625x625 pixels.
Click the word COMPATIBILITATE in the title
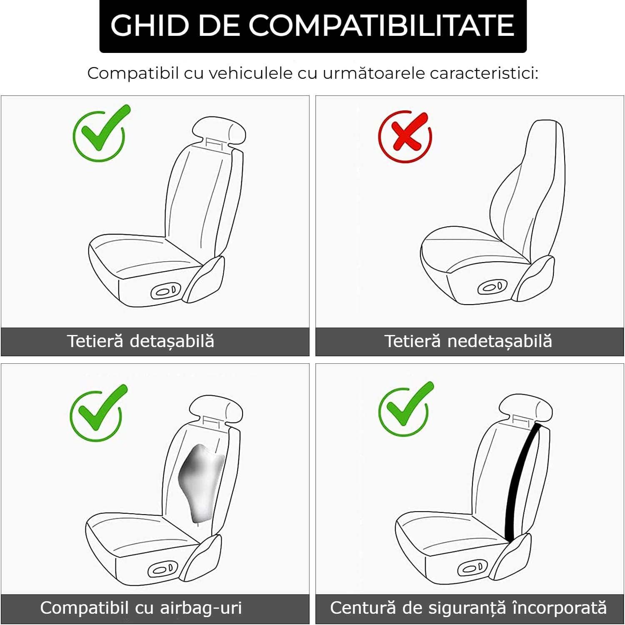[x=381, y=25]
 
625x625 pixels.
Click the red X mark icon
[x=405, y=136]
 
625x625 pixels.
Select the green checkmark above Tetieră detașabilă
[x=101, y=132]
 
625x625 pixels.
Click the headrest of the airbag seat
[x=216, y=409]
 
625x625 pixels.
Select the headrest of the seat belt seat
[x=526, y=408]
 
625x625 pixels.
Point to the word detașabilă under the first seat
[x=172, y=341]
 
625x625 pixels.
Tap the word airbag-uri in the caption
[x=201, y=608]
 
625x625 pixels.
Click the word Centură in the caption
[x=363, y=607]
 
